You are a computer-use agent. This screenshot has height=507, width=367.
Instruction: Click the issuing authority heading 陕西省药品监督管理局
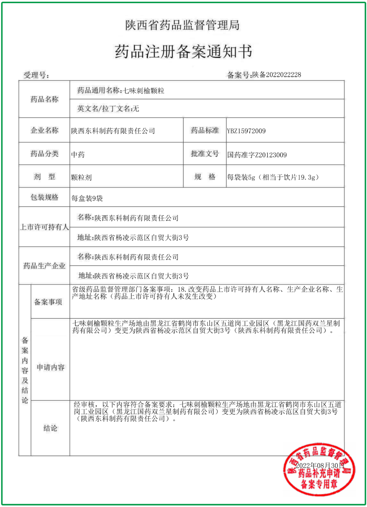[182, 25]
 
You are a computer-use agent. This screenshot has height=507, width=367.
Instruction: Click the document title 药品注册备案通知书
[183, 51]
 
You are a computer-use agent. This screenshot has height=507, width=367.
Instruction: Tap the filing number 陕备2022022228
[277, 75]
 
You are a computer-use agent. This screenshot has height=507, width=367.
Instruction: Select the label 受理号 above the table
[36, 75]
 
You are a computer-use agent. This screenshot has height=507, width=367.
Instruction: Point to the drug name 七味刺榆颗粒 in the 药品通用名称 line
[144, 91]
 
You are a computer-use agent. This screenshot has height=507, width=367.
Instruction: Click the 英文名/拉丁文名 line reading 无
[108, 109]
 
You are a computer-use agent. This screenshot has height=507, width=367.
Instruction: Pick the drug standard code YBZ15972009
[246, 131]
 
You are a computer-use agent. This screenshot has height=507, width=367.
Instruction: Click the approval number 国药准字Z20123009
[257, 155]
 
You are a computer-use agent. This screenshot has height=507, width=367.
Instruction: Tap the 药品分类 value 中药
[78, 155]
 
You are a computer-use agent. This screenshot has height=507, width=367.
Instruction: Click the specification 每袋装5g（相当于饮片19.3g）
[273, 177]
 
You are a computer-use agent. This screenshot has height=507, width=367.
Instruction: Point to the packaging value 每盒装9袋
[87, 198]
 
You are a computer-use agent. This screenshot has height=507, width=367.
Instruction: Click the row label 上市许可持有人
[44, 227]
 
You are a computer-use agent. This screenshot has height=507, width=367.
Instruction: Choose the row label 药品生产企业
[44, 266]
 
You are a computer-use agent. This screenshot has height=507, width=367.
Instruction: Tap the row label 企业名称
[45, 130]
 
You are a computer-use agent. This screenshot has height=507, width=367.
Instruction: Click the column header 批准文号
[205, 154]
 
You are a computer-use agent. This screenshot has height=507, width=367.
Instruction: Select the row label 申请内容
[50, 367]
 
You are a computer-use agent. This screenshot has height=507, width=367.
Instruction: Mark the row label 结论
[50, 429]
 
